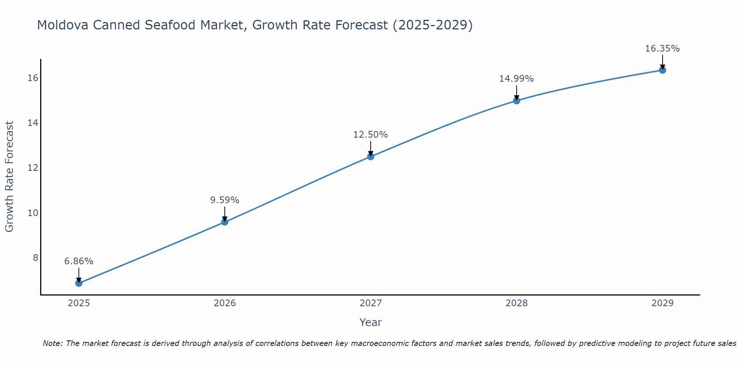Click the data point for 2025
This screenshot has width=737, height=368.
(79, 283)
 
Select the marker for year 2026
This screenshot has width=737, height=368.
(225, 222)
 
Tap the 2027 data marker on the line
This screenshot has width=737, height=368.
(371, 156)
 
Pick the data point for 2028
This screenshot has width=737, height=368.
(517, 100)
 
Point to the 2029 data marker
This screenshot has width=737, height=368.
(663, 70)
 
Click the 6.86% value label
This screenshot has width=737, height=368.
(79, 261)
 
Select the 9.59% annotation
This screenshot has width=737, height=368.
(225, 200)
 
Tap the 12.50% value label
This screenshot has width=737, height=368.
(371, 135)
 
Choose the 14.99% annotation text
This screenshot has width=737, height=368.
(517, 79)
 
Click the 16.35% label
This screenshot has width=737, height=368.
(663, 49)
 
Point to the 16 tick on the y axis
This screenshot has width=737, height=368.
(33, 78)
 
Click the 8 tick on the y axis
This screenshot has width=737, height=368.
(35, 258)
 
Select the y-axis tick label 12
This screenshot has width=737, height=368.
(33, 168)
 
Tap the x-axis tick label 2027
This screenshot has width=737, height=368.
(371, 303)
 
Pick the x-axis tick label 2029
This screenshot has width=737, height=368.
(663, 303)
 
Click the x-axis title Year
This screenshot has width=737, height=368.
(371, 322)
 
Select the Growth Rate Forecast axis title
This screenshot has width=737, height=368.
(10, 177)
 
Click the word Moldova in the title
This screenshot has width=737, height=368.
(63, 25)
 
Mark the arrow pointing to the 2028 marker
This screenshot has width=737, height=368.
(517, 93)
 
